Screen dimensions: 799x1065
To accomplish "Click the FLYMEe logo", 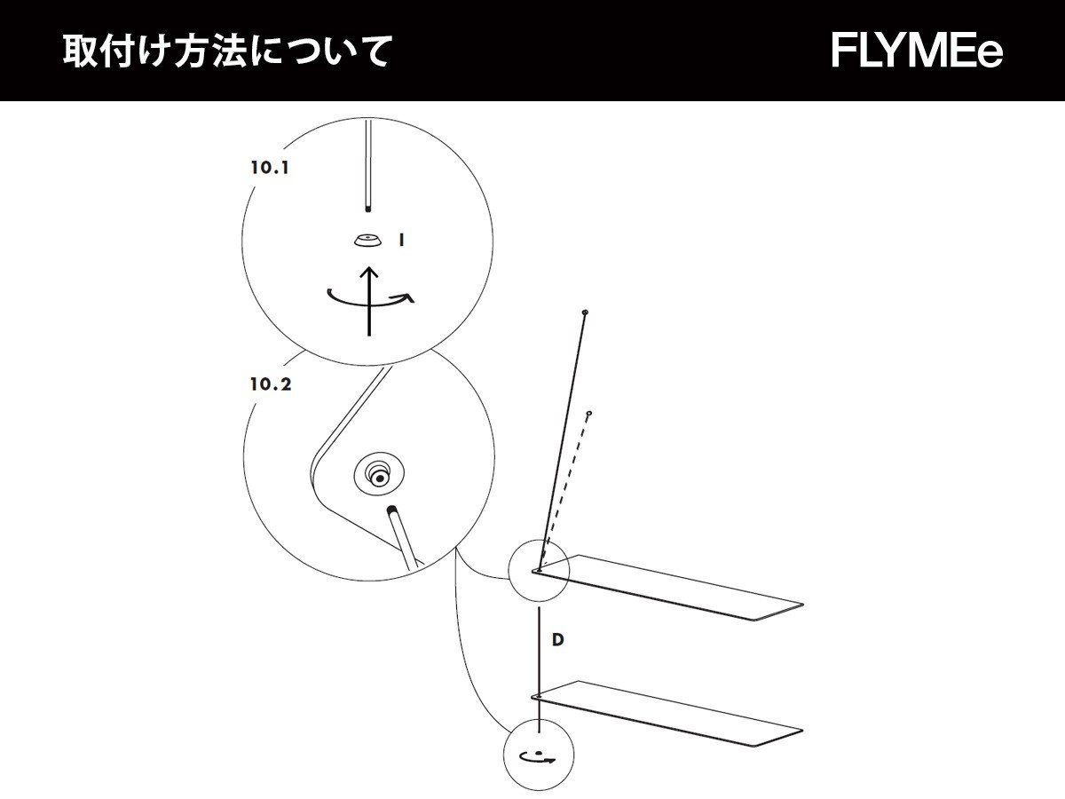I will tap(917, 51).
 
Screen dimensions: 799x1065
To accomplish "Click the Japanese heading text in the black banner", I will tap(226, 51).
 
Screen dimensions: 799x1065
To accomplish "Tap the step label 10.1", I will tap(270, 166).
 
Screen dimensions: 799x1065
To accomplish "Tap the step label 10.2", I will tap(271, 384).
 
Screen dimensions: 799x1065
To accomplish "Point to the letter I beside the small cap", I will tap(402, 240).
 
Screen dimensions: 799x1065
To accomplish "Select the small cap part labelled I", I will tap(365, 240).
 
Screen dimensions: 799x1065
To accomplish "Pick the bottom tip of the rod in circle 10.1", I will tap(367, 209).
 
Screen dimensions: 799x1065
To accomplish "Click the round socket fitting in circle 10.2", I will tap(379, 476).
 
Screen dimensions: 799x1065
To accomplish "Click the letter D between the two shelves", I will tap(557, 640).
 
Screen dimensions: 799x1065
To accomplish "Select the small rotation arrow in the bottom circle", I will tap(537, 757).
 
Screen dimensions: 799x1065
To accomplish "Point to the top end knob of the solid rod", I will tap(585, 312).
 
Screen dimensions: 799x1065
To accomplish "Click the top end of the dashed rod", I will tap(588, 414).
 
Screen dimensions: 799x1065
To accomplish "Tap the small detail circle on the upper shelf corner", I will tap(538, 569).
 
